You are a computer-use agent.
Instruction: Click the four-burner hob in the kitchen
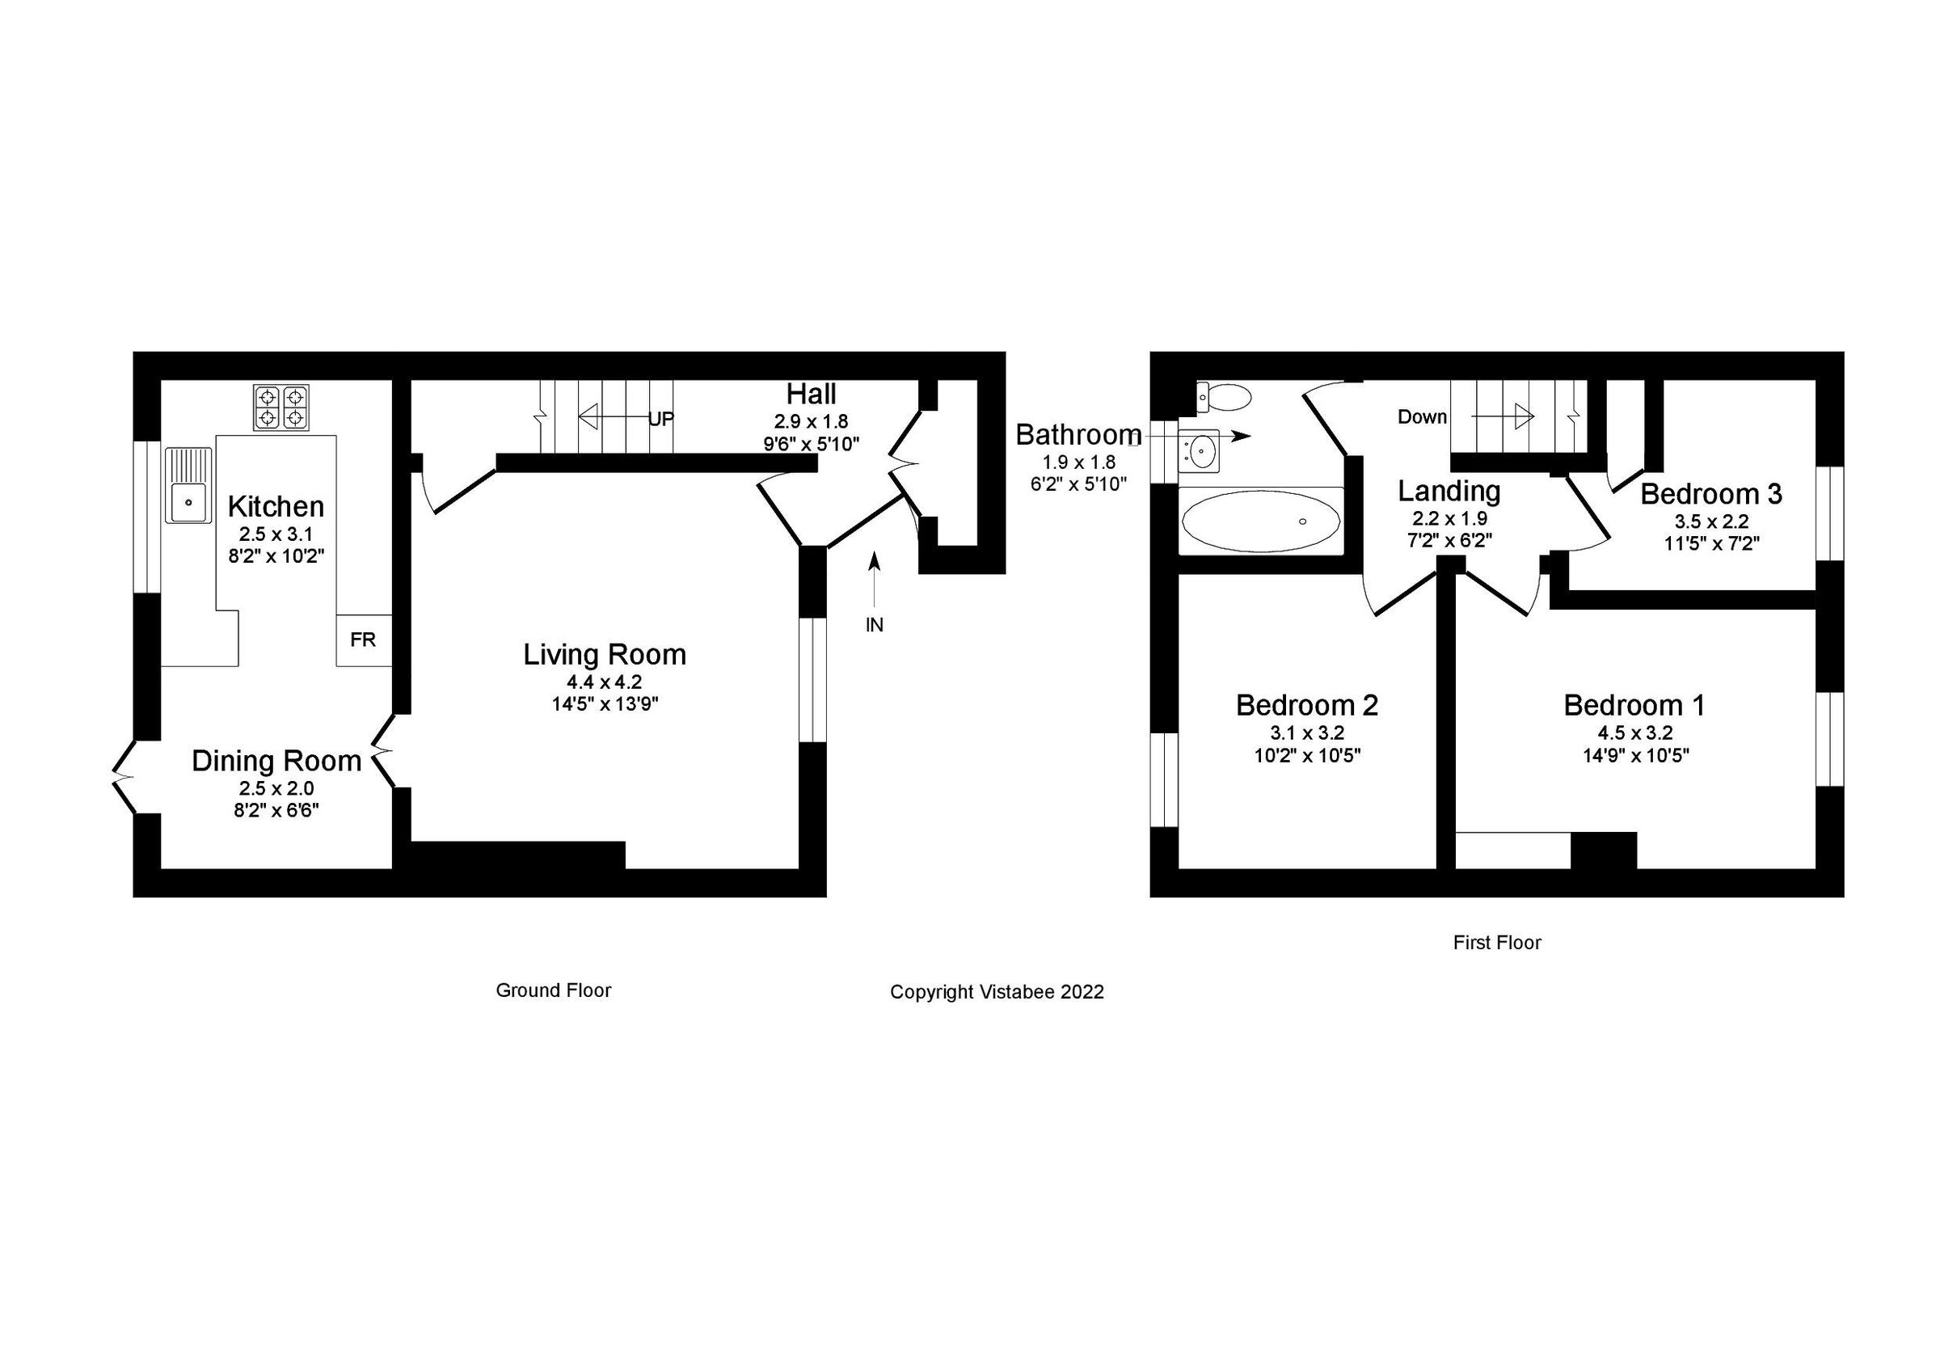tap(281, 407)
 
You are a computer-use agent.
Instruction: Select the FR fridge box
tap(363, 640)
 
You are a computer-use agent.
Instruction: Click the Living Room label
tap(604, 655)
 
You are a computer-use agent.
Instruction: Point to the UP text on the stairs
tap(660, 419)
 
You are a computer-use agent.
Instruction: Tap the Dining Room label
tap(276, 762)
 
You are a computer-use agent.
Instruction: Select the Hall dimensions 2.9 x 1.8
tap(811, 420)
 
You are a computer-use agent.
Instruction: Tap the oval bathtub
tap(1261, 521)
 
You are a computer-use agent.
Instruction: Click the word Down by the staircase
tap(1422, 416)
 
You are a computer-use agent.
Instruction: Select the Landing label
tap(1449, 491)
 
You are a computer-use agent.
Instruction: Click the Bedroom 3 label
tap(1711, 494)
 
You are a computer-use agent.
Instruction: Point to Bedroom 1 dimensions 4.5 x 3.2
tap(1635, 733)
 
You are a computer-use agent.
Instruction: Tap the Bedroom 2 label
tap(1307, 706)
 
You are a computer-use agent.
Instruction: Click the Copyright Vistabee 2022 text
tap(997, 992)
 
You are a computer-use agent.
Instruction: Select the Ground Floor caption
tap(554, 990)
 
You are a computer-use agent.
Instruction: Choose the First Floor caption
tap(1497, 942)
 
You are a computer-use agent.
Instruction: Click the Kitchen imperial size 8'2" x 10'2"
tap(276, 556)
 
